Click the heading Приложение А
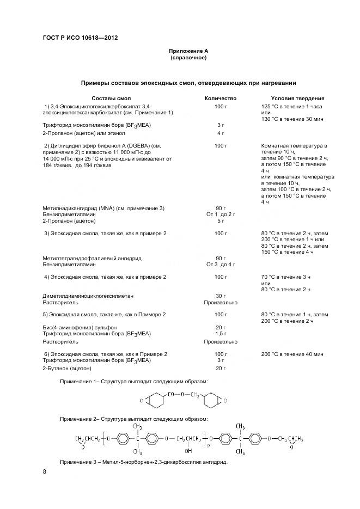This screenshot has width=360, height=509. (x=188, y=51)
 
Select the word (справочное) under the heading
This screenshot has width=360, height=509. (x=188, y=57)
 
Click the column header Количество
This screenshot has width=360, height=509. (x=220, y=98)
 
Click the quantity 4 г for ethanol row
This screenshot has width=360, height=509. (x=221, y=133)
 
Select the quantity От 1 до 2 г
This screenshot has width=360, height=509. (x=221, y=214)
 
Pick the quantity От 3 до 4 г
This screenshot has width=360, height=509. (x=221, y=264)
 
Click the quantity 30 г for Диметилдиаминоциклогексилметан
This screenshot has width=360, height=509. (x=221, y=296)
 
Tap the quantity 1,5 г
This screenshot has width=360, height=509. (x=221, y=333)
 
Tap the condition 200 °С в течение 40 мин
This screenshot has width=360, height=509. (x=292, y=354)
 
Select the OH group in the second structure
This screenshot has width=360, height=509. (x=188, y=451)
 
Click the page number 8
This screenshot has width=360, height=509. (x=44, y=472)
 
